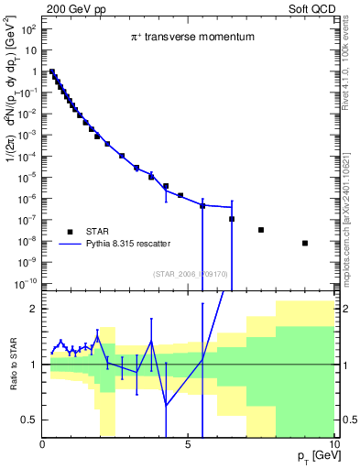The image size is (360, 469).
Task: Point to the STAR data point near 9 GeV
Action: (305, 243)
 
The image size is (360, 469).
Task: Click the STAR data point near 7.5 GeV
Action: (261, 230)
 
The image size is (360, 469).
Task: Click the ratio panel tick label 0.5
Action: (28, 420)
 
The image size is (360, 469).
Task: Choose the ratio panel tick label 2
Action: (33, 309)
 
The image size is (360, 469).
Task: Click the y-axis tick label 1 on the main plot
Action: (33, 72)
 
